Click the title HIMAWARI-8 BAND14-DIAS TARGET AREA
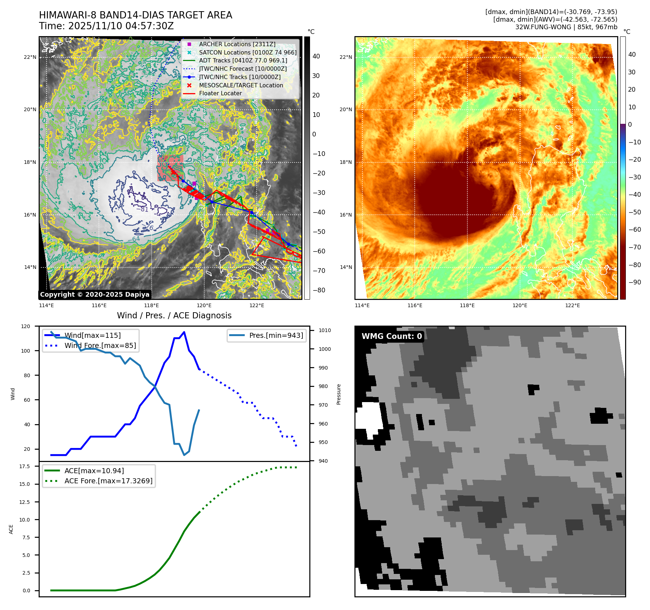click(135, 15)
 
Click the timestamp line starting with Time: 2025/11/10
click(106, 26)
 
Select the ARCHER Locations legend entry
click(237, 44)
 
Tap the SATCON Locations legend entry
click(248, 52)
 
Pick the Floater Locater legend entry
click(220, 93)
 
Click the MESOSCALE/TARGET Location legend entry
click(241, 85)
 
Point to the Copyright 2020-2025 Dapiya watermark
click(95, 295)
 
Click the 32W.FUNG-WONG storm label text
click(566, 27)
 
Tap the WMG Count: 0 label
click(392, 336)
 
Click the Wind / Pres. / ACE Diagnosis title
click(174, 315)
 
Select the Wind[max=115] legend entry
click(92, 335)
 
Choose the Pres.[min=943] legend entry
click(276, 335)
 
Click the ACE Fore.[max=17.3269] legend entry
click(108, 481)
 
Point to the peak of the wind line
click(184, 332)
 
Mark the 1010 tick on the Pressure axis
click(324, 330)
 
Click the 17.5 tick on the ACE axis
click(25, 466)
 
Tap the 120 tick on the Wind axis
click(26, 326)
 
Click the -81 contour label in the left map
click(142, 209)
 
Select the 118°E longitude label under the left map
click(152, 305)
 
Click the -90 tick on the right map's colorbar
click(634, 282)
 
